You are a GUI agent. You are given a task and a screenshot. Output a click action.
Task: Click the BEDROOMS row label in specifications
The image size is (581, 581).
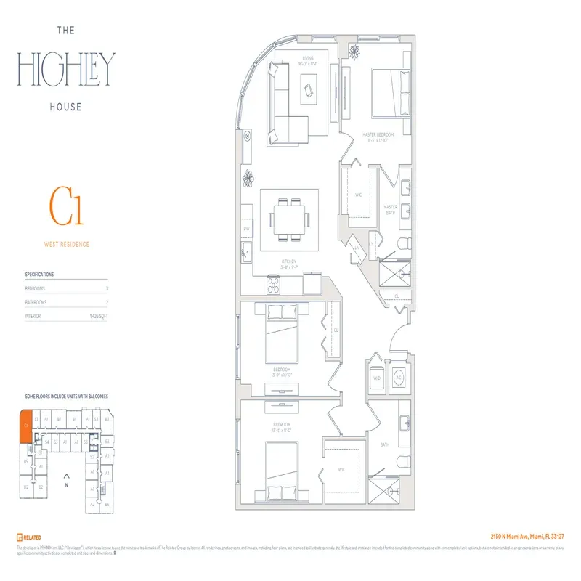[36, 288]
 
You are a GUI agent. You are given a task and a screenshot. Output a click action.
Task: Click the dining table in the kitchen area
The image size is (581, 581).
[290, 217]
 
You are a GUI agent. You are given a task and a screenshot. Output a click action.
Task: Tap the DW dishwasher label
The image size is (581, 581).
[246, 229]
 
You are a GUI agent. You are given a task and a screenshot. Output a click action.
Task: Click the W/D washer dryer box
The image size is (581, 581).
[377, 378]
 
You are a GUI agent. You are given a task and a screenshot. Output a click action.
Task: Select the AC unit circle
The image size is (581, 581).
[399, 378]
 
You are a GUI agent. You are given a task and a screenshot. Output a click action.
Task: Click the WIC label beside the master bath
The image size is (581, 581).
[358, 195]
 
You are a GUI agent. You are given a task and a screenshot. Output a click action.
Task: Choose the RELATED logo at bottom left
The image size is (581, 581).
[27, 536]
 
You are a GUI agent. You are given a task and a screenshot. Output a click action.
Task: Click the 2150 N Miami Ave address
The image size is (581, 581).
[527, 536]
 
